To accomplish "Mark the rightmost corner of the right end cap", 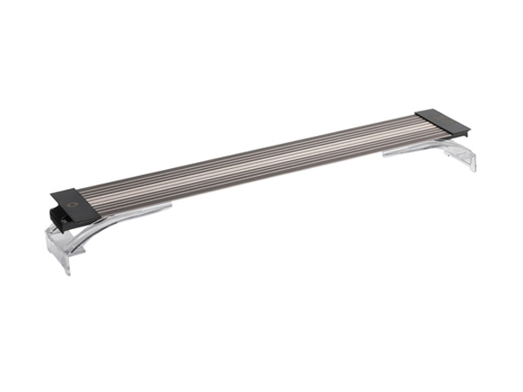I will [470, 130].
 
